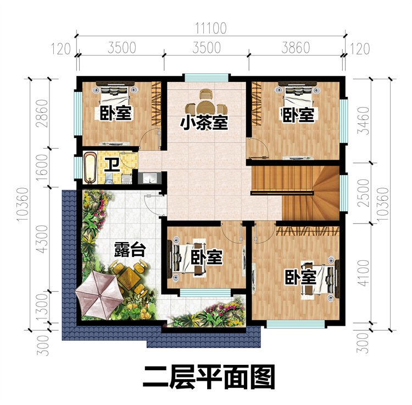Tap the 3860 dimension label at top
[296, 47]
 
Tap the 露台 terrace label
[130, 250]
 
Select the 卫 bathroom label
[112, 164]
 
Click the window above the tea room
[204, 77]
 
